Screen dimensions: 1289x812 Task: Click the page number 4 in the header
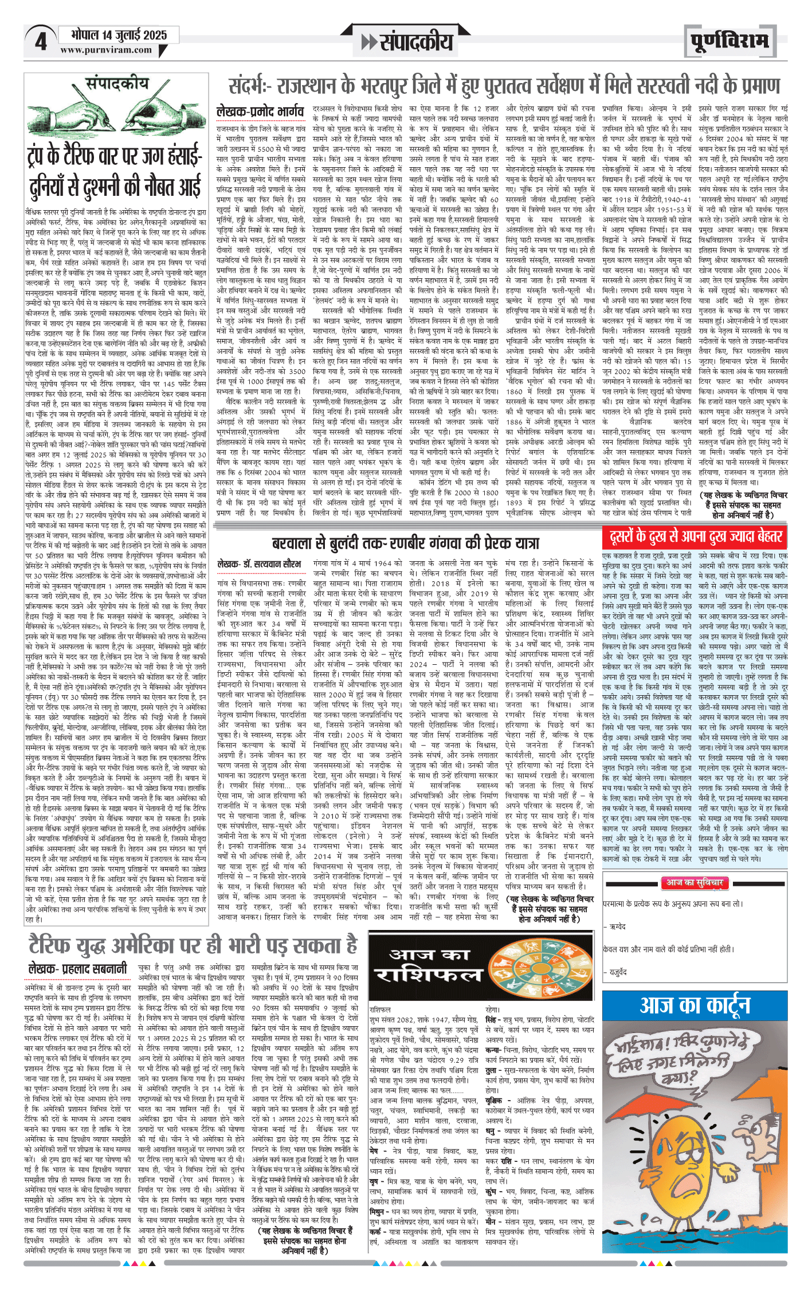click(x=40, y=41)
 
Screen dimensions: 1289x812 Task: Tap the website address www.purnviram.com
click(x=106, y=50)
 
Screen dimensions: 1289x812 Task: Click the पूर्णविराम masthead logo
click(x=729, y=41)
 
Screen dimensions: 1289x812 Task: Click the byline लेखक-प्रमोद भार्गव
click(x=260, y=112)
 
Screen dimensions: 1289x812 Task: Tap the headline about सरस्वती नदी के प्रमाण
click(x=504, y=86)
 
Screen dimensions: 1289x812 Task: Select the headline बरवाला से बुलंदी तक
click(x=406, y=542)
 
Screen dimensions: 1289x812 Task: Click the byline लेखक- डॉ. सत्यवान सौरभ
click(x=260, y=565)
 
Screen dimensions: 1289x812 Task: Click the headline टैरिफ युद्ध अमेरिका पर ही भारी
click(x=194, y=945)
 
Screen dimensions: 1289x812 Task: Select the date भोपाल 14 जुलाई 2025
click(x=119, y=34)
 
